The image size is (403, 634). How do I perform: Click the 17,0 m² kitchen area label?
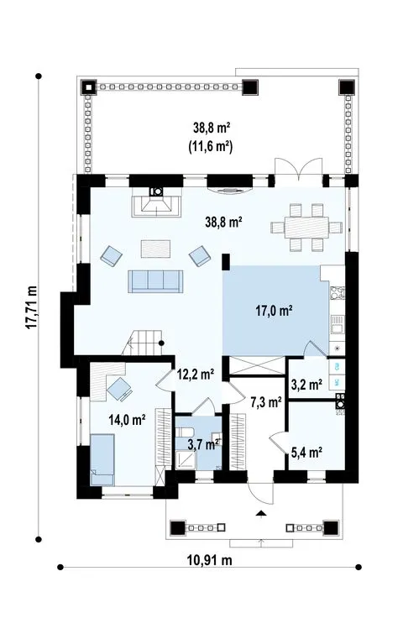click(274, 311)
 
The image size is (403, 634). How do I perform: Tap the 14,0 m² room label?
click(127, 420)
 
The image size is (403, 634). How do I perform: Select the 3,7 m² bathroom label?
click(204, 445)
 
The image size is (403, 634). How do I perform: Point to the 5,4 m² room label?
click(306, 452)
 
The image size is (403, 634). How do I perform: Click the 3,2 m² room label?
click(306, 384)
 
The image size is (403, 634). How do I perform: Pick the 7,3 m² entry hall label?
click(266, 402)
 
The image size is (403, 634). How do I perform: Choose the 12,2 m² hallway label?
click(196, 375)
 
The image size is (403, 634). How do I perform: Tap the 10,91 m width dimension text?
click(209, 560)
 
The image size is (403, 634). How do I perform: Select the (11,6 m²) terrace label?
click(210, 147)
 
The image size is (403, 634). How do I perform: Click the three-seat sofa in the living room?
click(155, 281)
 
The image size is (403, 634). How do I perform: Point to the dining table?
click(306, 228)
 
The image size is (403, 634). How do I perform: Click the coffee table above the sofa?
click(155, 249)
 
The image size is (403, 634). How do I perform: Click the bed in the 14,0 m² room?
click(102, 459)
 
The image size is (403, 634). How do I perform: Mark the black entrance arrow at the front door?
click(261, 514)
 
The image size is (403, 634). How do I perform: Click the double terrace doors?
click(299, 170)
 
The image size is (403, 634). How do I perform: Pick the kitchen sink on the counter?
click(337, 323)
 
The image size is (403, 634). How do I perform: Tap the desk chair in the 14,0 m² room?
click(120, 389)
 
